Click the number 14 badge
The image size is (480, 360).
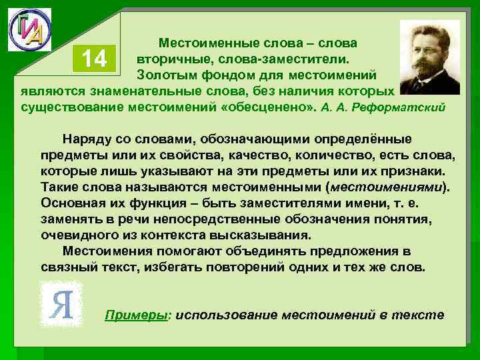pyautogui.click(x=95, y=59)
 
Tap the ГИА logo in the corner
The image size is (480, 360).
pyautogui.click(x=29, y=30)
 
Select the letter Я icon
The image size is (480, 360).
pyautogui.click(x=61, y=305)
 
